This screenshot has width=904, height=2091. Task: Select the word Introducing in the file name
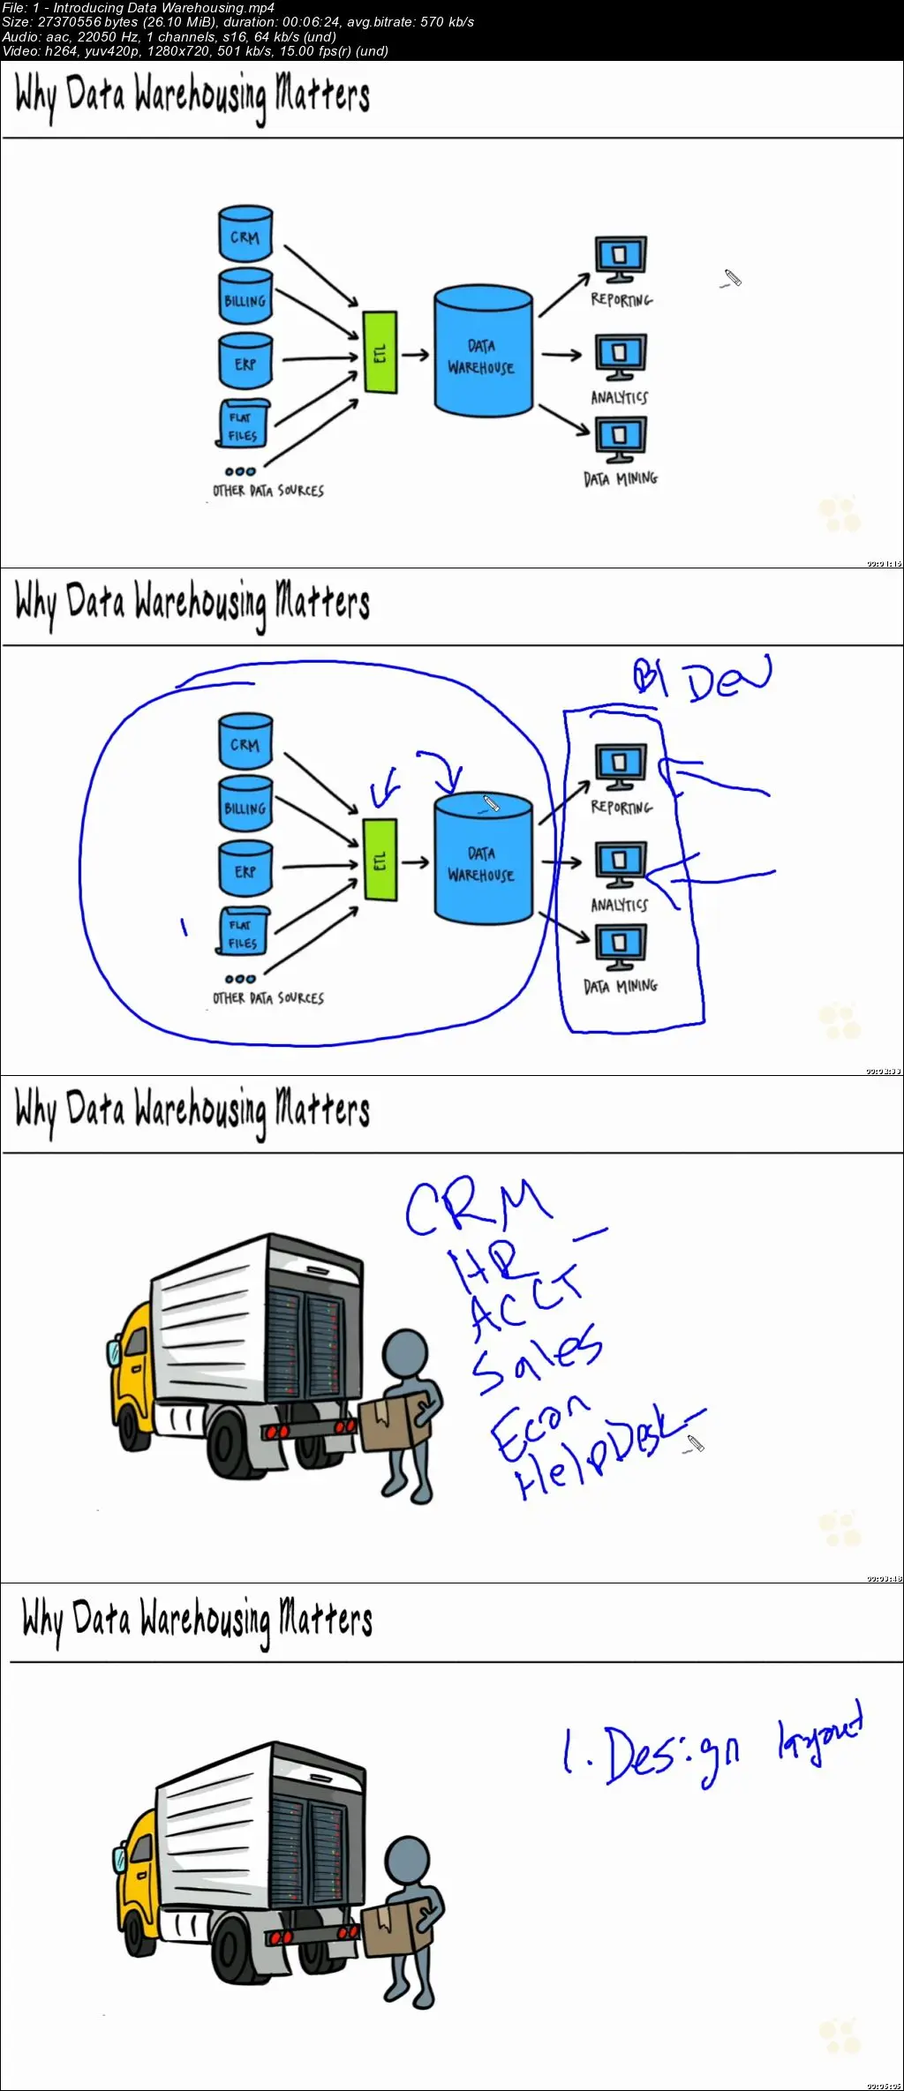[x=93, y=8]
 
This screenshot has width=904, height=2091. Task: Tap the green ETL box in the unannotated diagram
[x=380, y=352]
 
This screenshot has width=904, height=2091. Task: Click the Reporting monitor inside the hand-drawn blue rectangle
[x=620, y=766]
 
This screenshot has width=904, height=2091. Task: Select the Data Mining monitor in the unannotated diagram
[x=620, y=439]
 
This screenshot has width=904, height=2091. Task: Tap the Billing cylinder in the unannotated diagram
[x=245, y=297]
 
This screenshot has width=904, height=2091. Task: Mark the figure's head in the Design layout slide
[x=409, y=1863]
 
